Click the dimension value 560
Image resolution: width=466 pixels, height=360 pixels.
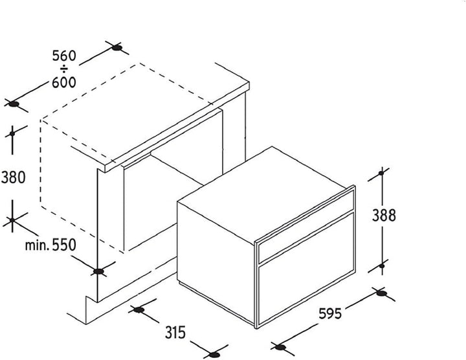tap(64, 56)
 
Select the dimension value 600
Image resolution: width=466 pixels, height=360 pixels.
tap(64, 82)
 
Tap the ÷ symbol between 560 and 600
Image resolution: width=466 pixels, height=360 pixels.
tap(64, 69)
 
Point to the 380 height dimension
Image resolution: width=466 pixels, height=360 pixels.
tap(13, 177)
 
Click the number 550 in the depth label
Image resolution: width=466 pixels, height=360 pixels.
tap(64, 245)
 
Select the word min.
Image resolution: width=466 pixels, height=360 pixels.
tap(37, 245)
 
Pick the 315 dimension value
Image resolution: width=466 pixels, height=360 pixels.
tap(175, 332)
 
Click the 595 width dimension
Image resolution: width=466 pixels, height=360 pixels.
tap(330, 313)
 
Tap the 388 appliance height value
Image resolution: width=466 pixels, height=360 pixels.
tap(384, 216)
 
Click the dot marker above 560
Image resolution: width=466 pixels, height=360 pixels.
tap(117, 47)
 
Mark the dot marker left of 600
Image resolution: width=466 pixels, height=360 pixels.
tap(14, 104)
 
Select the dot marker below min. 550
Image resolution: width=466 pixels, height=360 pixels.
tap(98, 271)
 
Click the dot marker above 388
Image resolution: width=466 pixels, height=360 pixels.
tap(381, 173)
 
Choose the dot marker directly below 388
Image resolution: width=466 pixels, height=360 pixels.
tap(382, 265)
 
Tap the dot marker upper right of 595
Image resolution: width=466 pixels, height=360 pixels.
tap(381, 293)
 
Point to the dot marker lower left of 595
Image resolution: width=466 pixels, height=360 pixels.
tap(280, 347)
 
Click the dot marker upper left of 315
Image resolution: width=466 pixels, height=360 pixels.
tap(139, 309)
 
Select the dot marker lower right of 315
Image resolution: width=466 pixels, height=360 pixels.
tap(214, 355)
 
